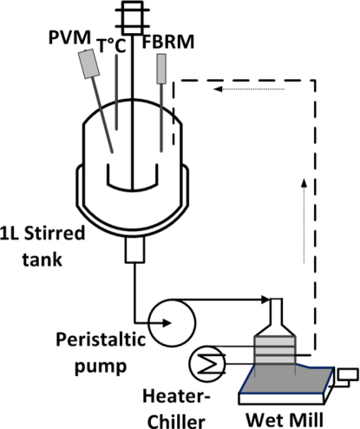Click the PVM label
(69, 37)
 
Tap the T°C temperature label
(111, 46)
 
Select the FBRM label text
(168, 42)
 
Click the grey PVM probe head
(89, 63)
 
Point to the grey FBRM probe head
(161, 69)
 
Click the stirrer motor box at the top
(132, 18)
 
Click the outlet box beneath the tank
(134, 250)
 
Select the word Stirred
(55, 234)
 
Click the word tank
(43, 259)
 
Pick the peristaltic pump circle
(173, 322)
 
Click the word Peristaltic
(101, 340)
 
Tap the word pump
(101, 366)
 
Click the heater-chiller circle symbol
(207, 364)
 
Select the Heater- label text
(176, 396)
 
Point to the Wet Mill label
(285, 419)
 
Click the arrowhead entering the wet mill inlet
(265, 300)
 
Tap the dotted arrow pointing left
(249, 89)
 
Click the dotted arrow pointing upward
(304, 221)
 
